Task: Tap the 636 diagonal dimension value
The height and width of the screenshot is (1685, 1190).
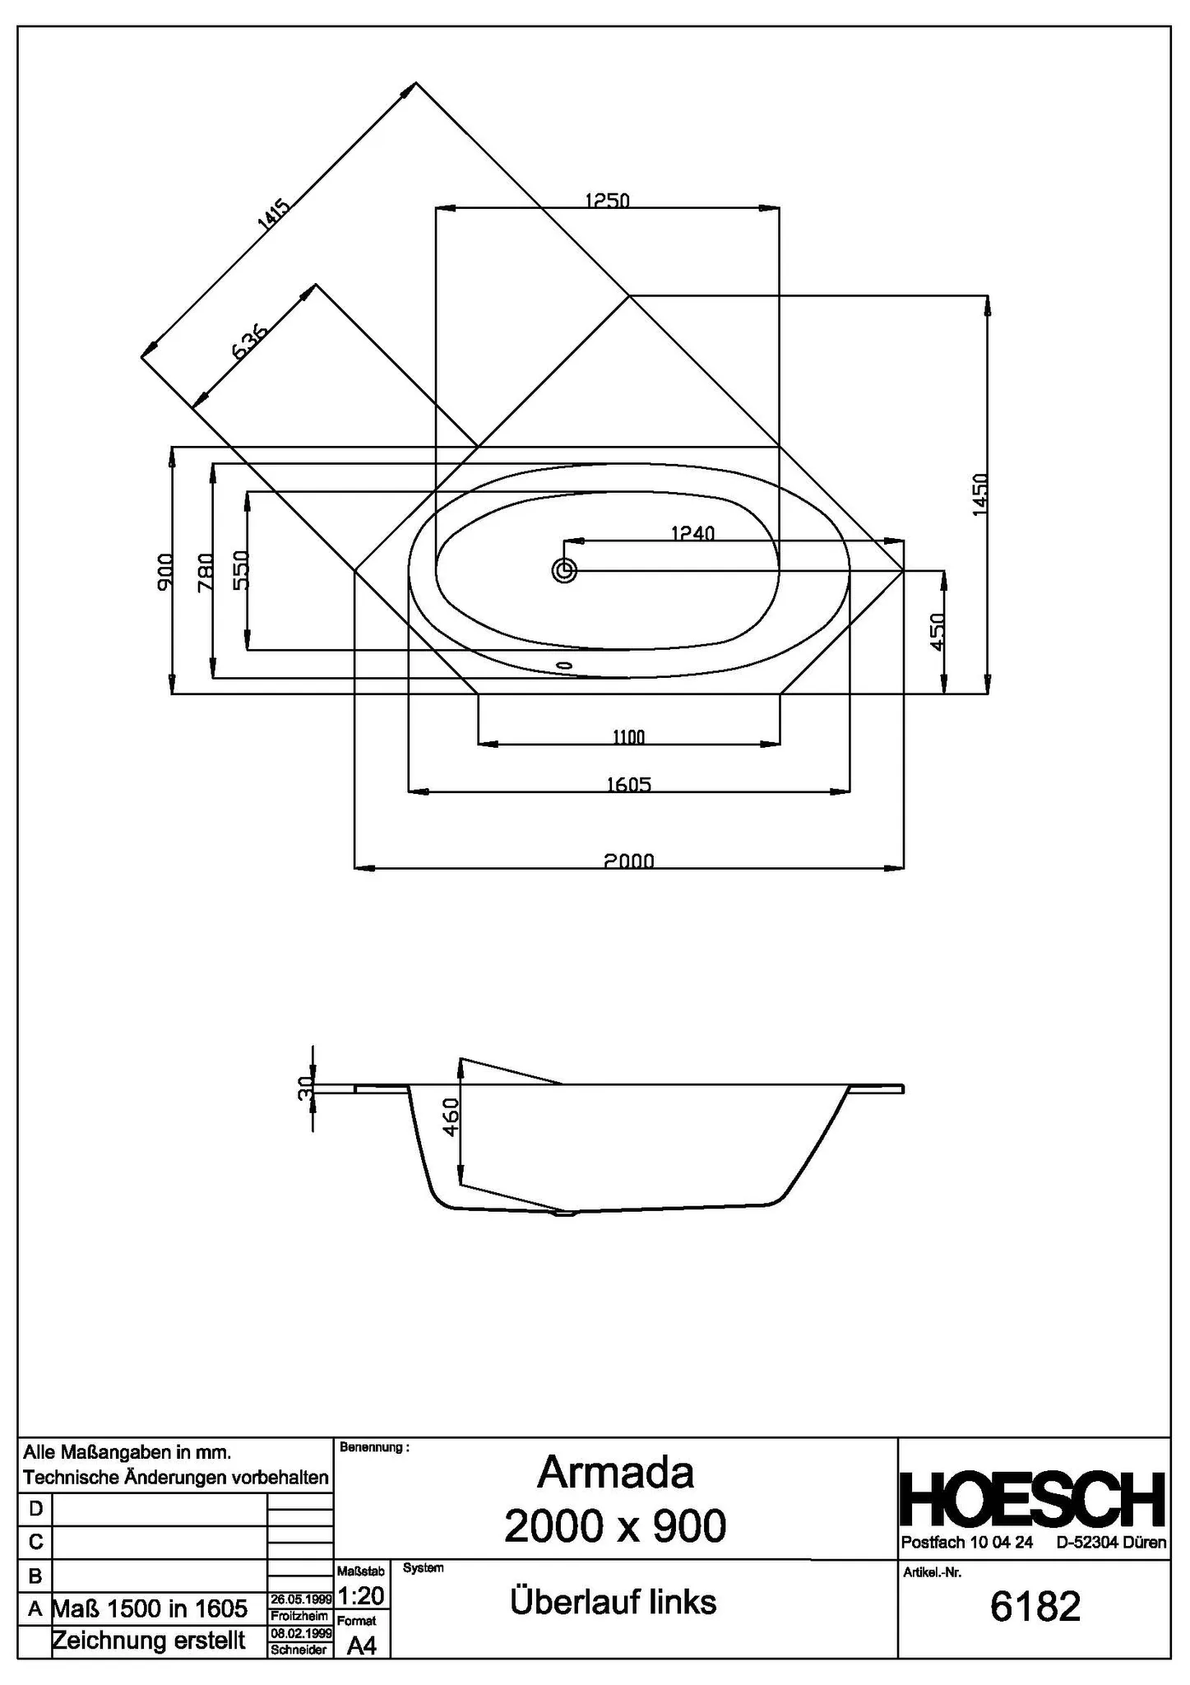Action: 250,341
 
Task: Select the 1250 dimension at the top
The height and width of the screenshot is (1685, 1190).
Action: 607,200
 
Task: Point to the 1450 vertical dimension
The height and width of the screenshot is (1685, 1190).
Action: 979,494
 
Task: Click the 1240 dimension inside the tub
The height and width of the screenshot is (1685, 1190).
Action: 692,533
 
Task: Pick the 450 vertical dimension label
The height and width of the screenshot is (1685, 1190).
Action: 937,633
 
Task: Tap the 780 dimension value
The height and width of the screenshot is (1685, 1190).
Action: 206,572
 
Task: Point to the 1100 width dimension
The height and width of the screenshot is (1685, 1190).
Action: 628,737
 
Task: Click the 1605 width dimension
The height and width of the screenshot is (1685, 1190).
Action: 629,784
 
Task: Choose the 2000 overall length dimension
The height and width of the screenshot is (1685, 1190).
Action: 629,861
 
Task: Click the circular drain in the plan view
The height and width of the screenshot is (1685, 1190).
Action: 564,570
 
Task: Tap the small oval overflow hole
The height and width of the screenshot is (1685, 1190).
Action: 563,663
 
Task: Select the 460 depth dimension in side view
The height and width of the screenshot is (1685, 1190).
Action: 450,1117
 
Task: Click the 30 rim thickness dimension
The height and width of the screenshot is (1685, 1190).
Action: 305,1088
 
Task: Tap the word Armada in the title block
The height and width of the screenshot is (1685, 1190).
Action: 615,1473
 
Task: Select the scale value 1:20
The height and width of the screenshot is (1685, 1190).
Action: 361,1595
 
